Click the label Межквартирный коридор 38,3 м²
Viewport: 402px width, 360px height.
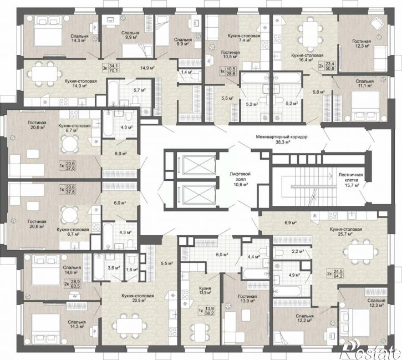tap(281, 139)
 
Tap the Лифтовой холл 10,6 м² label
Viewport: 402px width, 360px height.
tap(240, 179)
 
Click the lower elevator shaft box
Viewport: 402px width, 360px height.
tap(197, 194)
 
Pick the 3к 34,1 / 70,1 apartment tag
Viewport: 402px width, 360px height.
tap(110, 68)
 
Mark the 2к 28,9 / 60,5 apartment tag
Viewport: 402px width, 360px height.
tap(72, 284)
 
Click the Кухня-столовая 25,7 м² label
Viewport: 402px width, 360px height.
tap(346, 231)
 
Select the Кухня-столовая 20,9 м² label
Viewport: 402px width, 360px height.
tap(138, 298)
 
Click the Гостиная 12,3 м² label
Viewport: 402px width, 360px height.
tap(361, 43)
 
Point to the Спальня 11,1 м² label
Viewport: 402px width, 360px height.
tap(364, 83)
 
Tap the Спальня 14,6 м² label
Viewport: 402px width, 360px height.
tap(72, 270)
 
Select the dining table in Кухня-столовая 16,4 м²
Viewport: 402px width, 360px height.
tap(310, 34)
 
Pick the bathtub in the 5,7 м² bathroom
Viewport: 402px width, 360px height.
tap(113, 92)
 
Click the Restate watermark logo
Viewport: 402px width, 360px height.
tap(370, 351)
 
